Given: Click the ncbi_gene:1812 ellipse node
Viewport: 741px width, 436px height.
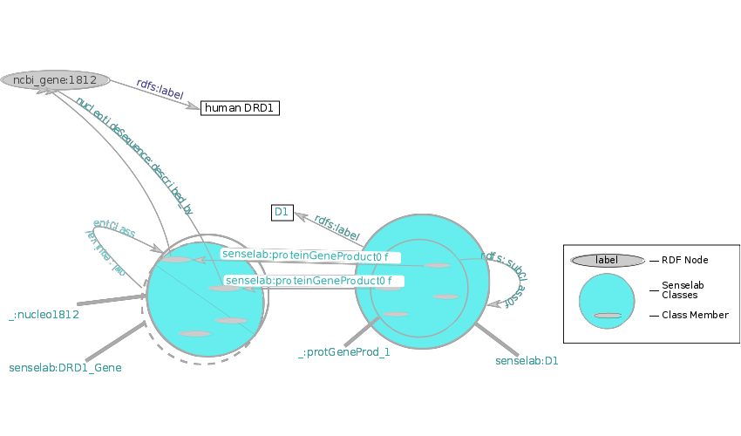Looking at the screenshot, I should point(54,80).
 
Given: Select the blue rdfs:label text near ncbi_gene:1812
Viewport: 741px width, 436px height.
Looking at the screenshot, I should point(160,89).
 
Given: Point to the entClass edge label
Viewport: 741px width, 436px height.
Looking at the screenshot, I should point(114,228).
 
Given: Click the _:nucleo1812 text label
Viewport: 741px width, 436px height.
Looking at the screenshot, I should point(44,315).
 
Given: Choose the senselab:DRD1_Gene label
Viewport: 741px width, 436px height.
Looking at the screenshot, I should point(65,368).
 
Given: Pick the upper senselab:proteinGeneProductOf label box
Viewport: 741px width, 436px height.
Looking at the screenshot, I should point(309,255).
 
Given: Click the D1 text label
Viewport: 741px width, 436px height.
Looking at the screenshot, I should point(281,212).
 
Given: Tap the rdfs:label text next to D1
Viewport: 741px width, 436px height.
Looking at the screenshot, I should point(337,228).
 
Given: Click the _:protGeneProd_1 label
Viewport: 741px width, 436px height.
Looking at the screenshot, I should point(344,352).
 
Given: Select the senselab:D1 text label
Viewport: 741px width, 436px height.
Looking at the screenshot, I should point(527,360).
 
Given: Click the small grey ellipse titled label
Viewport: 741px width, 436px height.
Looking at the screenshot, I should point(607,260).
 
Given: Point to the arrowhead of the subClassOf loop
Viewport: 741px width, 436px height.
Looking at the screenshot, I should point(494,304).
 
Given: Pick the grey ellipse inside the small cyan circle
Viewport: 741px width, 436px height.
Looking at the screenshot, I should point(608,315).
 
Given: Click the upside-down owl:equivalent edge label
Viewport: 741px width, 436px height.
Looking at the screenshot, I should point(105,254).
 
